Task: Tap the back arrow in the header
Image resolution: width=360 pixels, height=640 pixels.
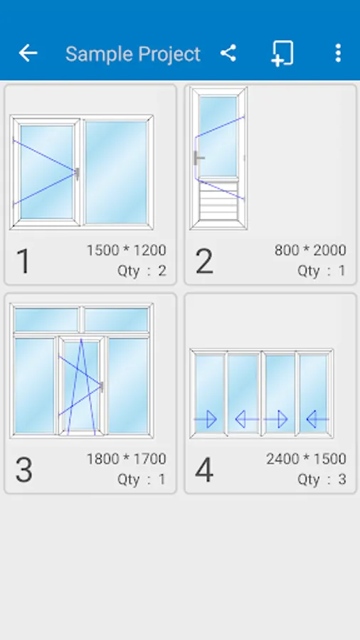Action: point(28,53)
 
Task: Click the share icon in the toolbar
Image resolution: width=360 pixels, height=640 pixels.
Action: point(228,53)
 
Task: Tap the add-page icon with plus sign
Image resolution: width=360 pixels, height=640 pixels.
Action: point(282,53)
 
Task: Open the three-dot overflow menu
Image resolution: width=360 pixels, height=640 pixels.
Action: point(337,53)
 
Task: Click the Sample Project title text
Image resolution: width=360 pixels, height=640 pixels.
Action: point(133,54)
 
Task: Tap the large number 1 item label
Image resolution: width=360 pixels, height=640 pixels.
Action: point(23,261)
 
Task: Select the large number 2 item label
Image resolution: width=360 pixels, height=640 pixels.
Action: point(204,261)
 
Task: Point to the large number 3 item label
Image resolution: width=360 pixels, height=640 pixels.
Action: point(23,470)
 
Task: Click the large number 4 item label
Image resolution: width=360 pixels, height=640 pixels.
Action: point(204,470)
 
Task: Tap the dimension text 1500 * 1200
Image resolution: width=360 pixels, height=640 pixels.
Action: point(127,250)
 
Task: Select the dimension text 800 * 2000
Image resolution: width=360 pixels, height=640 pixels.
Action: point(310,250)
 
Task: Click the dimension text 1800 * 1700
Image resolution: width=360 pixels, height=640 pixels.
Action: point(127,459)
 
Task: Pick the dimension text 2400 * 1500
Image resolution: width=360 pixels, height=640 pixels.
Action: point(306,459)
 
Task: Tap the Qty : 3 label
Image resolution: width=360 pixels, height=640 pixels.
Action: point(322,479)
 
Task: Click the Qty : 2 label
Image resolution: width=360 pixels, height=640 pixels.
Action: point(142,271)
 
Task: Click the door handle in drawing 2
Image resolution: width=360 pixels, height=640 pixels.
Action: point(198,158)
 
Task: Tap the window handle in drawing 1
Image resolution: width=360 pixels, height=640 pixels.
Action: point(77,174)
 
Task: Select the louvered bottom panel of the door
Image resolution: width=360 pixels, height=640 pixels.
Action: point(218,201)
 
